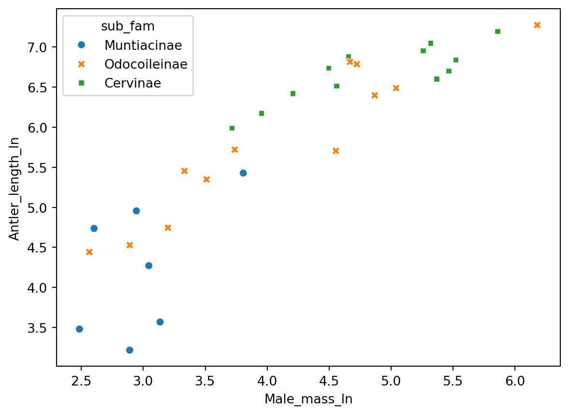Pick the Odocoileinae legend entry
point(146,64)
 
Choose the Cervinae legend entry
point(132,83)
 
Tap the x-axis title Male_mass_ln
point(308,399)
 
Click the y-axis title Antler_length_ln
point(15,188)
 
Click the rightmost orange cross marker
point(537,25)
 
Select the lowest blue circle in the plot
point(130,350)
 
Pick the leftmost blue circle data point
point(79,329)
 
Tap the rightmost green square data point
point(497,31)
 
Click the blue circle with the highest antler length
point(243,173)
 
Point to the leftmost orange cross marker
point(89,252)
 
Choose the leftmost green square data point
point(232,128)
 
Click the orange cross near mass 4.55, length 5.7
point(336,151)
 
